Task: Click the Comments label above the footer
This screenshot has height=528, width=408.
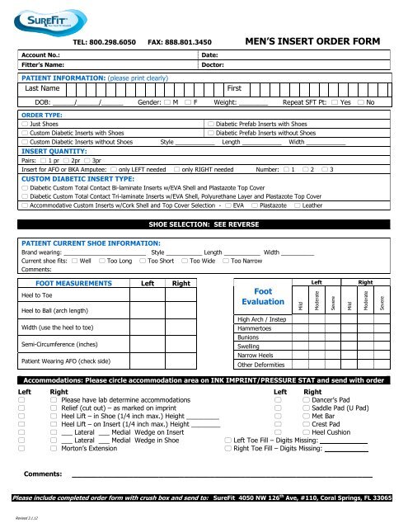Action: pyautogui.click(x=43, y=475)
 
